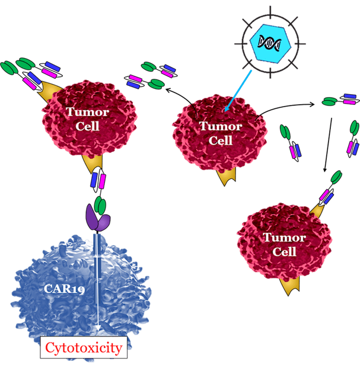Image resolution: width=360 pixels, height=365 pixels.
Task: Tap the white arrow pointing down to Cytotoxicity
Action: [x=96, y=284]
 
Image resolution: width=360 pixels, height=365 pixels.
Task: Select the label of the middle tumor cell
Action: [x=213, y=132]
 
